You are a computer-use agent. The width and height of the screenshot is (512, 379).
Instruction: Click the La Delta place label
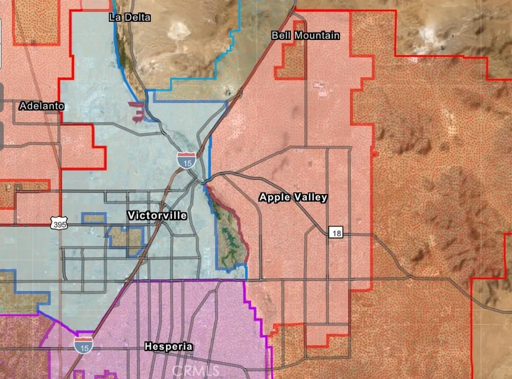tap(129, 17)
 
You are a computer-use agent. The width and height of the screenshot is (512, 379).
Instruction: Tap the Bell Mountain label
tap(305, 35)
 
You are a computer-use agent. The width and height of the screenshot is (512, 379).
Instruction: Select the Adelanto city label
tap(42, 106)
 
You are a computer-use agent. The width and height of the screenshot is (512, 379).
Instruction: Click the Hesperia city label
tap(168, 346)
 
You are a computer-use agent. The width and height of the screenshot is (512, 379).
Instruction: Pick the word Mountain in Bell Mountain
tap(316, 35)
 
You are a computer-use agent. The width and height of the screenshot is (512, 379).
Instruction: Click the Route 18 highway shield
tap(335, 232)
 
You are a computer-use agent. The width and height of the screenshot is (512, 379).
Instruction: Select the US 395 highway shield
tap(58, 224)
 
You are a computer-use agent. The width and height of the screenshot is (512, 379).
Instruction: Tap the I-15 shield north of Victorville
tap(185, 160)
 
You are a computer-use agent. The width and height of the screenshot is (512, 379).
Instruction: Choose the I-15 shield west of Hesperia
tap(83, 344)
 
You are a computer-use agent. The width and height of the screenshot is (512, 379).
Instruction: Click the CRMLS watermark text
tap(195, 370)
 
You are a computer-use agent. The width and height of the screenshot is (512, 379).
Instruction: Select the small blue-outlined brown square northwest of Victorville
tap(94, 218)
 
